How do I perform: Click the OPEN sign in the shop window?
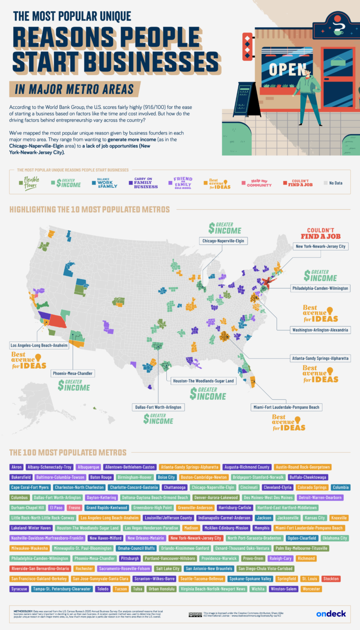click(287, 69)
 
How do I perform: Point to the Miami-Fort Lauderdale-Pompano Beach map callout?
click(287, 407)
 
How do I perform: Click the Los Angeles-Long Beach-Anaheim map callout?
click(39, 345)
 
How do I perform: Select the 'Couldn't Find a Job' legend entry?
click(298, 182)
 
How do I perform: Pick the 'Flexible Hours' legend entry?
click(29, 182)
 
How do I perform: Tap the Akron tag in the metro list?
click(16, 467)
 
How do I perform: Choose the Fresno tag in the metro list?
click(74, 507)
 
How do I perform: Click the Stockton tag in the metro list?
click(331, 578)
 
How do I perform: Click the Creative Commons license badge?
click(195, 614)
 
